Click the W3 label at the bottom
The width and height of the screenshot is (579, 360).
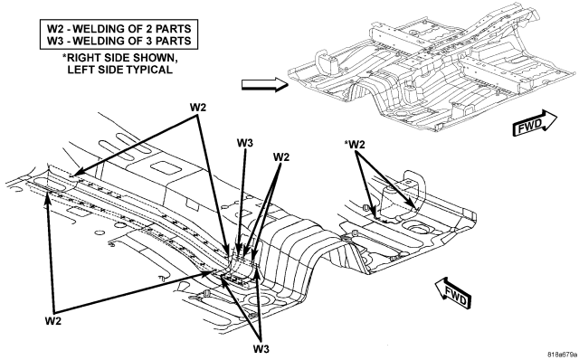click(261, 348)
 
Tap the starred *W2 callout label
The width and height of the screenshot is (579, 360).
click(354, 145)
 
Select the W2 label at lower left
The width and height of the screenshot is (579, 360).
click(53, 321)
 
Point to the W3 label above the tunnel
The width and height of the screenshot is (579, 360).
click(245, 143)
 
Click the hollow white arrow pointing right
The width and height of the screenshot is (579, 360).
click(265, 84)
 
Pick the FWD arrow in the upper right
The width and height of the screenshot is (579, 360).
click(535, 123)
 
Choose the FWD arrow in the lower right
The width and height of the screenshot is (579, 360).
click(453, 293)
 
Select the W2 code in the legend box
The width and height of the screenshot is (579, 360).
click(55, 28)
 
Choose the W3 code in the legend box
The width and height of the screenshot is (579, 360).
click(55, 40)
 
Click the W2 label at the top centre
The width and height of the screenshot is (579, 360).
click(198, 108)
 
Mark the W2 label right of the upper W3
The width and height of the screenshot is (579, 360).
click(281, 156)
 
